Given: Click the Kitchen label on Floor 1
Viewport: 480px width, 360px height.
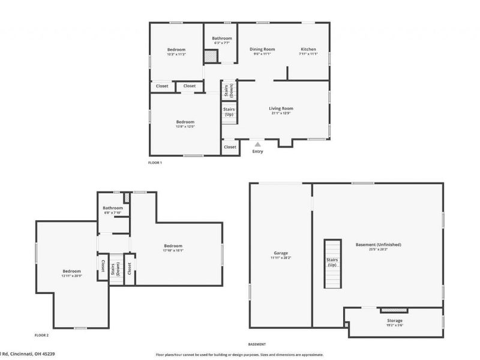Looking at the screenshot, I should [308, 49].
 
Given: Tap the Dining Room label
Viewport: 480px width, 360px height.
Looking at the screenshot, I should [262, 49].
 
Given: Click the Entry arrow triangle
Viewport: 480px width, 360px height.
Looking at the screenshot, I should [257, 144].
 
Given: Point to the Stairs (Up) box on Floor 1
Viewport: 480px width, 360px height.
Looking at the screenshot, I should [229, 112].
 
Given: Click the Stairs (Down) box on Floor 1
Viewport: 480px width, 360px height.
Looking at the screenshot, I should [229, 91].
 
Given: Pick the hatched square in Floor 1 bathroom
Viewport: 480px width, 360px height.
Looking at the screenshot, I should [210, 56].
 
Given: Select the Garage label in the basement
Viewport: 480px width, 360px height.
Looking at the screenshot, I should [281, 253].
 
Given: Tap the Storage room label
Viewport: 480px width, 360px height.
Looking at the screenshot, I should [395, 321].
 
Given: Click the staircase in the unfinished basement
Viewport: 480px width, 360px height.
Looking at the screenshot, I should [332, 264].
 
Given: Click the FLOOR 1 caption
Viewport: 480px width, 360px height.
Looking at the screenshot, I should [155, 163].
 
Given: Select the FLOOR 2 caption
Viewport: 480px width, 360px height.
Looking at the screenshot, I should [41, 335].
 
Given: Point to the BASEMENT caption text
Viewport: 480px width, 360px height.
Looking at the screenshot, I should [257, 344].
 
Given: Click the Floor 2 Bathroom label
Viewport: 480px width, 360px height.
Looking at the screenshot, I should [113, 208].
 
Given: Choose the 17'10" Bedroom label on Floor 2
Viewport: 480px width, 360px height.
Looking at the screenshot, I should [173, 245].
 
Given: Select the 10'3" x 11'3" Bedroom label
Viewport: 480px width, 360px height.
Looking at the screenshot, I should [176, 49].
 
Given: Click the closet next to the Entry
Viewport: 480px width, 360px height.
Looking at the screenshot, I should [230, 147].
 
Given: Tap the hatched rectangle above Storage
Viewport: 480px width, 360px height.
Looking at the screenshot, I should [394, 310].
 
